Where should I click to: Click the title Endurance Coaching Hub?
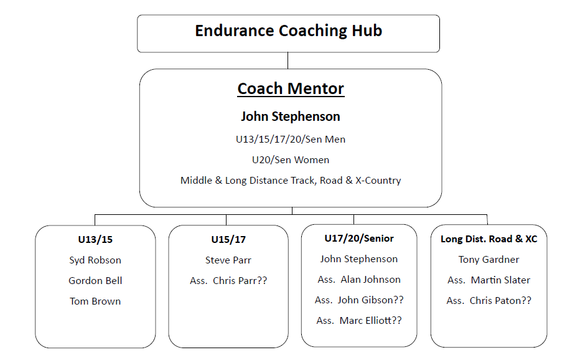(x=289, y=31)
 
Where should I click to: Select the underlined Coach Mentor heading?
(x=291, y=89)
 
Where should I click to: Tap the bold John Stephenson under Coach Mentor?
(x=291, y=116)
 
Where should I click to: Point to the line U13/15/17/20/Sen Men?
(x=291, y=140)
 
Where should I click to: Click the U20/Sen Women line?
(x=291, y=160)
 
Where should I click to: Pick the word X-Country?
(x=378, y=181)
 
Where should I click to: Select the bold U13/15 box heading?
(x=95, y=240)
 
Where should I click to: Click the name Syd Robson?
(x=95, y=260)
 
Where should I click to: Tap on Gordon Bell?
(x=95, y=281)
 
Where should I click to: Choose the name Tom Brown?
(x=95, y=301)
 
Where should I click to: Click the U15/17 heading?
(x=228, y=240)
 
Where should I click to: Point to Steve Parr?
(x=228, y=260)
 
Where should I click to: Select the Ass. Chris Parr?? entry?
(x=228, y=281)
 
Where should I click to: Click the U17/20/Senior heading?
(x=359, y=239)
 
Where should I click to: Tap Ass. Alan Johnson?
(x=359, y=280)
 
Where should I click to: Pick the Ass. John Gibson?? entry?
(x=359, y=300)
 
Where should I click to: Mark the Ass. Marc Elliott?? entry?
(x=359, y=321)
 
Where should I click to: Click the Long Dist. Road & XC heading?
(x=489, y=239)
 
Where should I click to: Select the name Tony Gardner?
(x=489, y=260)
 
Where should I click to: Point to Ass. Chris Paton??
(x=489, y=301)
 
